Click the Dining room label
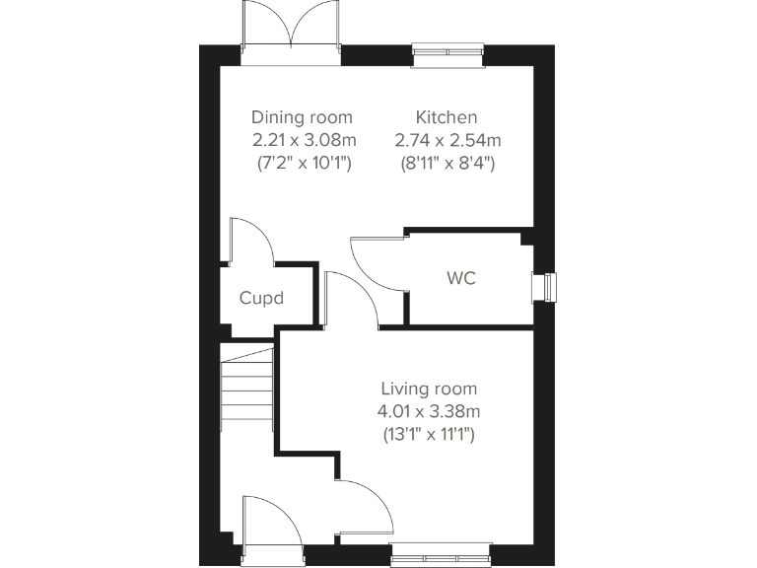302,117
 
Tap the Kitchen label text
447,117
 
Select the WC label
461,278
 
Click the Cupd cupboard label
261,297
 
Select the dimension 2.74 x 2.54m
447,139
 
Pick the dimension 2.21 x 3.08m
302,139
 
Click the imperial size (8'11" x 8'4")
447,162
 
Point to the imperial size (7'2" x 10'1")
302,162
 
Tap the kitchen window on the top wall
447,54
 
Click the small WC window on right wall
544,285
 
